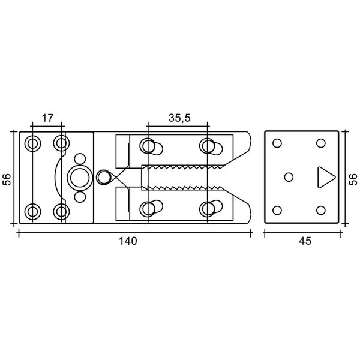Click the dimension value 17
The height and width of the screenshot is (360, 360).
[47, 118]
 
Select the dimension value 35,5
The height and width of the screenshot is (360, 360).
[179, 118]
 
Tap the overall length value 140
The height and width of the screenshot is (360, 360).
[128, 241]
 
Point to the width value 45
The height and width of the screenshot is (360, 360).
[305, 241]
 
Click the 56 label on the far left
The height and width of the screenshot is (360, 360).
[7, 179]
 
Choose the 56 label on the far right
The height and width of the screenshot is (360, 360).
[353, 179]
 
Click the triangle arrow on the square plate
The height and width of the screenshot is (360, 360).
[326, 177]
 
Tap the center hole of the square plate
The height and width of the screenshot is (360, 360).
[289, 177]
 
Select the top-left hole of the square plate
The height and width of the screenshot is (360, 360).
[277, 143]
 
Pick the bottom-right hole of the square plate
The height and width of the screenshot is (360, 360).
[321, 211]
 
